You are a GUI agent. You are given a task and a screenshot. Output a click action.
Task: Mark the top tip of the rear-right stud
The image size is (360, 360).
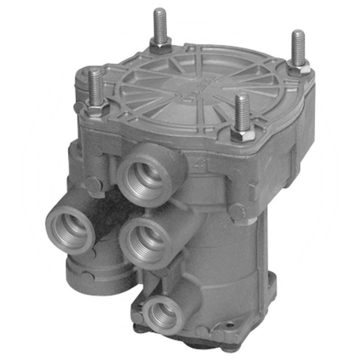pos(298,34)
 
